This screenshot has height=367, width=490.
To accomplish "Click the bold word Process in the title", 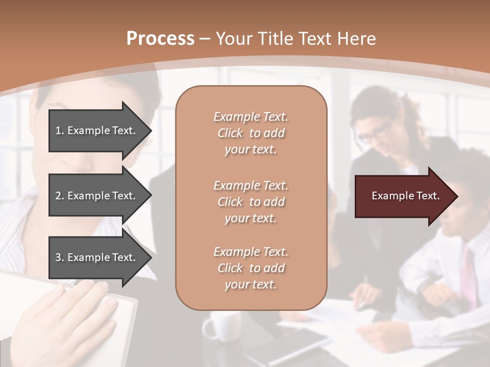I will tap(160, 38).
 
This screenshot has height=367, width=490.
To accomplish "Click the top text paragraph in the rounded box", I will tap(251, 133).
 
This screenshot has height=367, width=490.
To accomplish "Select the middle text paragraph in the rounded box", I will tap(251, 202).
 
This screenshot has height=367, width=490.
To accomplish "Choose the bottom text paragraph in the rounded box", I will tap(251, 268).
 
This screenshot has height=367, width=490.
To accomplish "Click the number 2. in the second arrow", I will tap(60, 196).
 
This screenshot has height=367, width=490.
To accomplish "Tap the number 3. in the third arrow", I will tap(60, 257).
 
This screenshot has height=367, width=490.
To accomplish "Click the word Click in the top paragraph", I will tap(230, 133).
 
